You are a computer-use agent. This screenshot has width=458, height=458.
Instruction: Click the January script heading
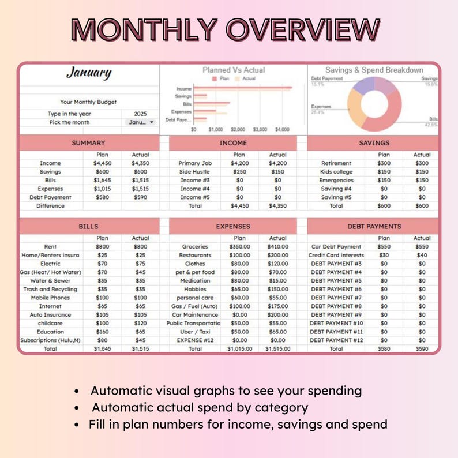88,73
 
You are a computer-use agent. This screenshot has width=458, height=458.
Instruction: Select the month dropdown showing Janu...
140,122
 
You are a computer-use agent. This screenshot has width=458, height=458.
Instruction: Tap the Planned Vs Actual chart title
234,70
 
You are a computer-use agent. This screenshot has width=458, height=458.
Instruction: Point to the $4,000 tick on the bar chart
282,130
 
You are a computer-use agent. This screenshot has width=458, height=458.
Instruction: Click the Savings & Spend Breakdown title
374,70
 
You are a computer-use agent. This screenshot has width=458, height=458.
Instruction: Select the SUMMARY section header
88,143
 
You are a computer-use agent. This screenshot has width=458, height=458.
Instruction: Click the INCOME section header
233,143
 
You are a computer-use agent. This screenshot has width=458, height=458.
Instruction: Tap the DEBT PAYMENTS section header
374,226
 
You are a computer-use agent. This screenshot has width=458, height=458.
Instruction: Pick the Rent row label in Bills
50,246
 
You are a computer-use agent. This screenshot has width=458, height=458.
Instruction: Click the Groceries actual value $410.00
277,246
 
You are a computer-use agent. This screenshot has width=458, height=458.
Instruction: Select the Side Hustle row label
195,172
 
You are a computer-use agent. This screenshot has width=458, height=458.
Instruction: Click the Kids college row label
336,172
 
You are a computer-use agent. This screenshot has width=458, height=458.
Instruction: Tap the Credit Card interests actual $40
422,255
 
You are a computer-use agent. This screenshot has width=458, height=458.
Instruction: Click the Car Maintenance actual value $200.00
277,315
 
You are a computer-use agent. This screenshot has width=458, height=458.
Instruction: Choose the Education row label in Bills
50,332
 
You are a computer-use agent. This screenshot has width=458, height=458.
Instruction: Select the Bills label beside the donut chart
433,119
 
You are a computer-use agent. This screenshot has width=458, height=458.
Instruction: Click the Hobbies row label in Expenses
195,289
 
